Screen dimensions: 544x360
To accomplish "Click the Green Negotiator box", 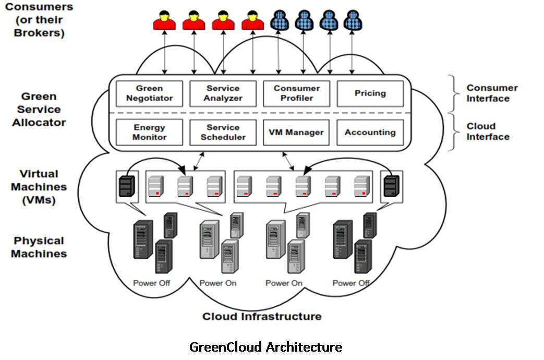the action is point(149,93).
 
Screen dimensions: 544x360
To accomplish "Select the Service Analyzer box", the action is point(223,93).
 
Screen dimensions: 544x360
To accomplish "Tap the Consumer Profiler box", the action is point(296,93).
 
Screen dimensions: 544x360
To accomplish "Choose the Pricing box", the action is point(370,93).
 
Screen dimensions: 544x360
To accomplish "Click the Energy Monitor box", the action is point(149,133).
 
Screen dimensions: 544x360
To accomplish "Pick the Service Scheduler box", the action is point(223,133).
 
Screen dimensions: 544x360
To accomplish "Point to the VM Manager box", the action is point(296,133).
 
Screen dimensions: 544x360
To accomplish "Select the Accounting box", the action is point(370,133).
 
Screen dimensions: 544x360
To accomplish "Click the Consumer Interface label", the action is point(492,93).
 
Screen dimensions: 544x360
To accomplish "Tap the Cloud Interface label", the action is point(488,131).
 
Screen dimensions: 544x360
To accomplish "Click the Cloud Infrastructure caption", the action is point(262,317).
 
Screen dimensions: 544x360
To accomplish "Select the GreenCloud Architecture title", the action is point(266,347).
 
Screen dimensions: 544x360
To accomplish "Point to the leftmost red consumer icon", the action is point(164,20).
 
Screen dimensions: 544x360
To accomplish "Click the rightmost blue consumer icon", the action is point(353,20).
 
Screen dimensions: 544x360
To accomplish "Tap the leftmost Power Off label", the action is point(152,283).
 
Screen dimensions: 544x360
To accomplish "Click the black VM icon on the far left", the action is point(127,186).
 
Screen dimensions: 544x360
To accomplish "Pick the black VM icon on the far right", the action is point(391,186).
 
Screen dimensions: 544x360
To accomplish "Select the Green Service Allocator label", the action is point(39,110).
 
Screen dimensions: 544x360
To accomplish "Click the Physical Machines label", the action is point(39,247).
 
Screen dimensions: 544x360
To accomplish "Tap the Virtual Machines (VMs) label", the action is point(39,187).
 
